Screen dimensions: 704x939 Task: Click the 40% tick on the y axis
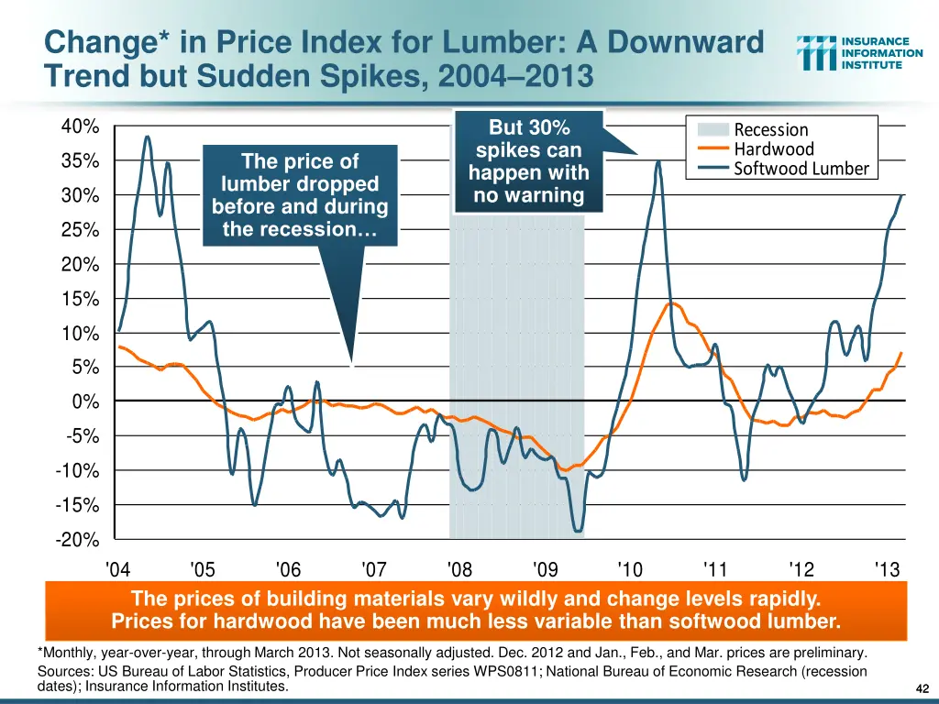(81, 126)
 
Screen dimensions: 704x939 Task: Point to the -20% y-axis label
(78, 540)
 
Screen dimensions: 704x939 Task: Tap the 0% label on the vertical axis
(85, 402)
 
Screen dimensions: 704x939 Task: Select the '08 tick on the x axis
(459, 569)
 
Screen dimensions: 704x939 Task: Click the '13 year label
(887, 569)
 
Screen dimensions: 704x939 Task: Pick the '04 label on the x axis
(117, 569)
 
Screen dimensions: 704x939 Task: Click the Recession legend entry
(771, 130)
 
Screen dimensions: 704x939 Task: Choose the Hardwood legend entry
(774, 149)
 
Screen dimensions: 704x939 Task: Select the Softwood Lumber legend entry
(801, 169)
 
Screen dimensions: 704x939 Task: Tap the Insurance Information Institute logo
(860, 53)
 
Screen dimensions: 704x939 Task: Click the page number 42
(922, 689)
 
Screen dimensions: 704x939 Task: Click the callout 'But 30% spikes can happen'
(528, 161)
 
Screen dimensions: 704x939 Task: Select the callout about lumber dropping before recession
(300, 195)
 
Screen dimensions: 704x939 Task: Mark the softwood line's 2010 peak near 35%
(658, 161)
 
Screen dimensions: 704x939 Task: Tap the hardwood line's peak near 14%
(670, 302)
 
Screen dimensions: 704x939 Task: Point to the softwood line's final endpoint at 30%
(902, 195)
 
